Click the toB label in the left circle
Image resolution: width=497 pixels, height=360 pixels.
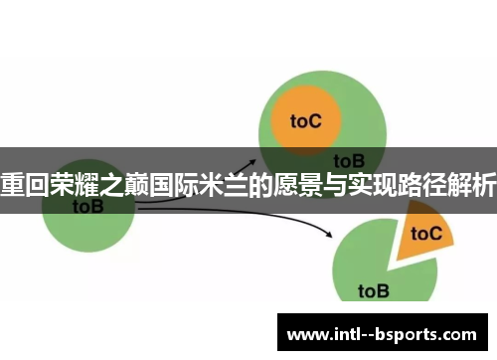(86, 207)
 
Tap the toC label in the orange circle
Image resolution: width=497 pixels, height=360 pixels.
(305, 121)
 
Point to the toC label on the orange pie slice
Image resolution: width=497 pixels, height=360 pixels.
(425, 233)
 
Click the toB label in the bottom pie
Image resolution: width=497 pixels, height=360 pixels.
(373, 290)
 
